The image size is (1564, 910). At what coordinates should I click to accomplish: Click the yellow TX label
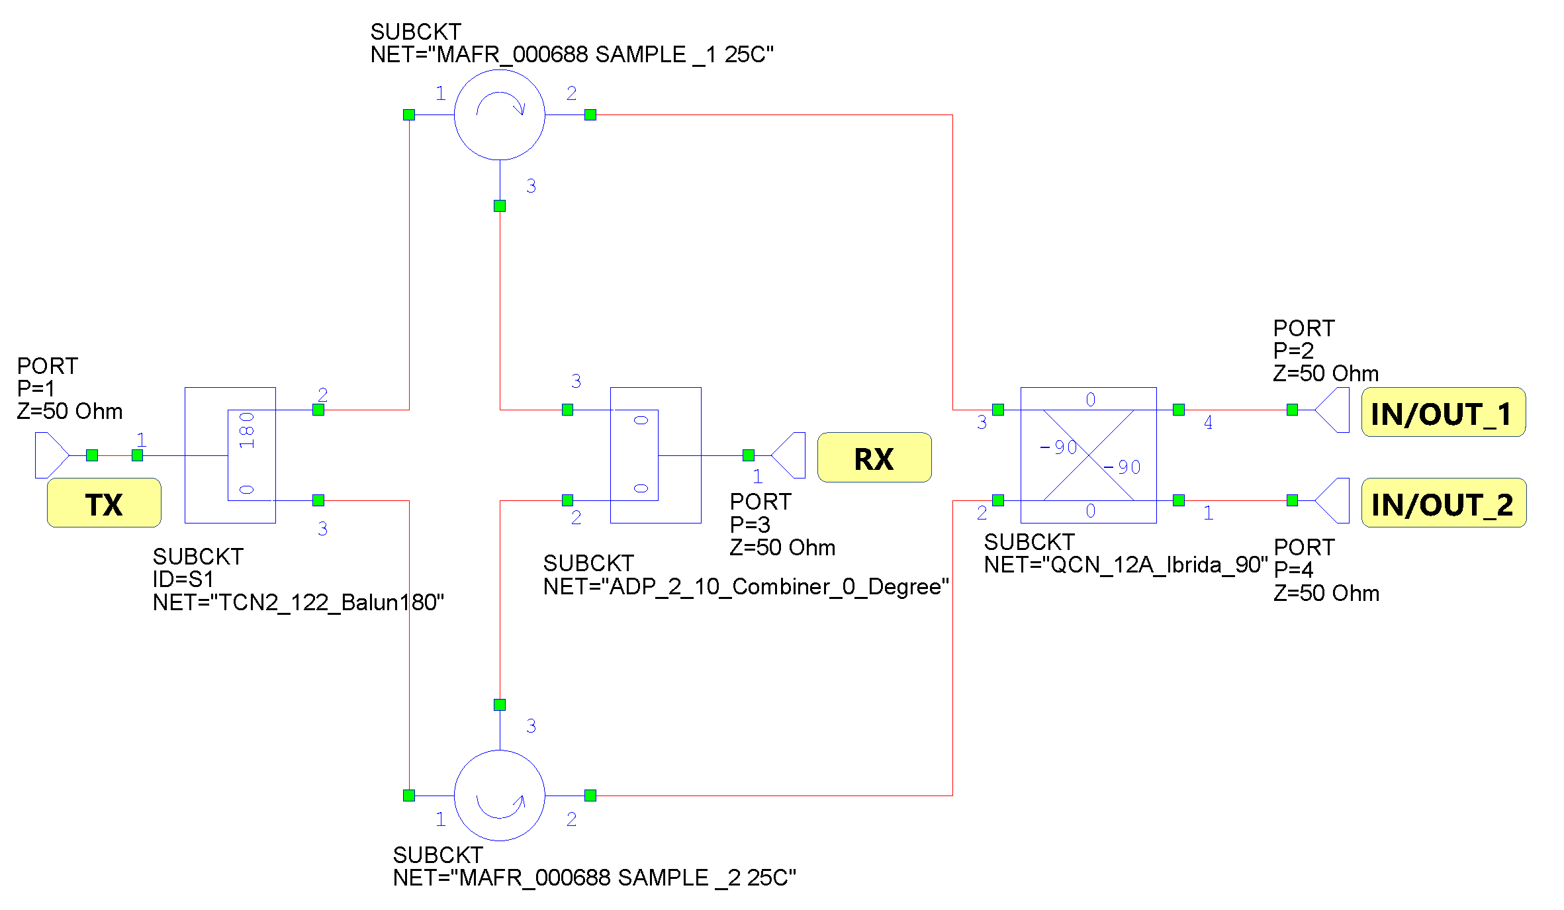click(104, 503)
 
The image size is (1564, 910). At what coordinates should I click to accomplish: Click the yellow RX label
click(874, 458)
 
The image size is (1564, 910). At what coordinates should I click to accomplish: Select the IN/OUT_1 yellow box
click(1443, 413)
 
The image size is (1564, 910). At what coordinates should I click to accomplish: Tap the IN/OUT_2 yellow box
click(1443, 503)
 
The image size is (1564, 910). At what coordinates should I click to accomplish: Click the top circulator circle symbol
click(500, 114)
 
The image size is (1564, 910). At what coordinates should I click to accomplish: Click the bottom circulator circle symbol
click(500, 795)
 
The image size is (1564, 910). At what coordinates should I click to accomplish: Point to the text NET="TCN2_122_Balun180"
click(298, 602)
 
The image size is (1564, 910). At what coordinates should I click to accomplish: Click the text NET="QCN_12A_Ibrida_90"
click(1125, 565)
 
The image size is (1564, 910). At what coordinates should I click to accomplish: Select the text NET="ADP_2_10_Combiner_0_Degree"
click(746, 586)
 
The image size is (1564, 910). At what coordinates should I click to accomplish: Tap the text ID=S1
click(183, 579)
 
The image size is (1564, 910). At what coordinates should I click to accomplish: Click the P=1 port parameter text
click(36, 388)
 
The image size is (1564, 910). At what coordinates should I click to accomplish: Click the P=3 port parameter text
click(750, 525)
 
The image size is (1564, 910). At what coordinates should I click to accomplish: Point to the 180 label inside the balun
click(247, 430)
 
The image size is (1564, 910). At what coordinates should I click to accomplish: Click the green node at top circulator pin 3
click(500, 206)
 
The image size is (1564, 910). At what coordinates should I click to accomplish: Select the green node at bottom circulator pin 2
click(590, 795)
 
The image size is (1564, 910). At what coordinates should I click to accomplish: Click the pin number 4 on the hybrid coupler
click(1208, 422)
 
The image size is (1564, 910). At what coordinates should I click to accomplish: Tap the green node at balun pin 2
click(318, 410)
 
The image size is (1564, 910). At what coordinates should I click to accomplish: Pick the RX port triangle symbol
click(790, 455)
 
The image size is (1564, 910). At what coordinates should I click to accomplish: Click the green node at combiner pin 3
click(567, 410)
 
